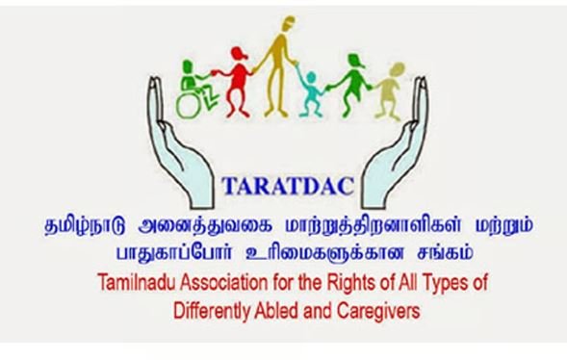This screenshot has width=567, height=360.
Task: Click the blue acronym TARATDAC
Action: coord(288,186)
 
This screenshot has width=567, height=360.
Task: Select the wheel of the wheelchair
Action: coord(188,105)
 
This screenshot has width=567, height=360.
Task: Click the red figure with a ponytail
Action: coord(235,81)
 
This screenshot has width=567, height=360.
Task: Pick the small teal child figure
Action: coord(310,92)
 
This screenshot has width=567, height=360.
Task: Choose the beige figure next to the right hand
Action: coord(390,91)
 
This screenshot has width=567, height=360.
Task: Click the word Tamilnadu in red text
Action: coord(137,283)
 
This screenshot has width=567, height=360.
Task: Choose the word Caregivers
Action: coord(378,311)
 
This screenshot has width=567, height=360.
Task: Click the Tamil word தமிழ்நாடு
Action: coord(85,225)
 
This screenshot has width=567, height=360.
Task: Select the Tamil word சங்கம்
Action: coord(445,252)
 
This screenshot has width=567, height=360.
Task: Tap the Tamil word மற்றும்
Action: coord(503,225)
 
